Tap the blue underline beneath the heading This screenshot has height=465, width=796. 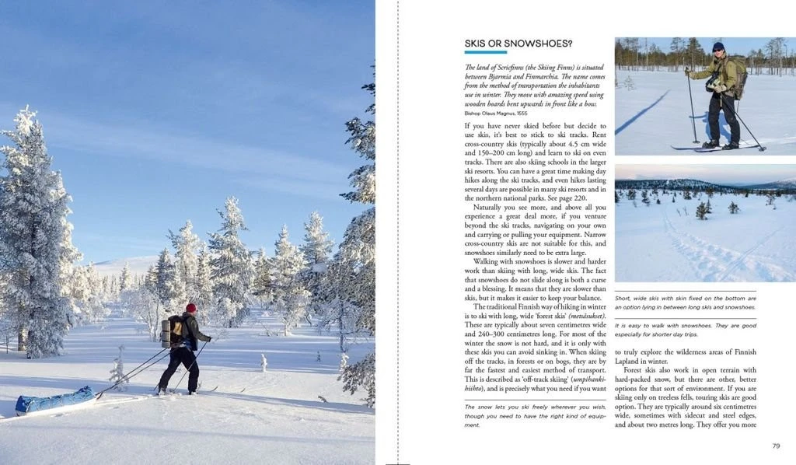point(485,53)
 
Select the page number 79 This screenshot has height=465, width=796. point(776,446)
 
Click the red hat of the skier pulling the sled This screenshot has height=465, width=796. point(191,308)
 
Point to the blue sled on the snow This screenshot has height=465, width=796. point(54,401)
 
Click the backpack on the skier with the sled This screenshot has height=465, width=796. point(174,331)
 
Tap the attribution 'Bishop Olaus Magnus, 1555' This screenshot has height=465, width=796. point(495,113)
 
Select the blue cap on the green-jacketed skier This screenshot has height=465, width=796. point(718,46)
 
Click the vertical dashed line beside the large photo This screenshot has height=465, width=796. point(398,232)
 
